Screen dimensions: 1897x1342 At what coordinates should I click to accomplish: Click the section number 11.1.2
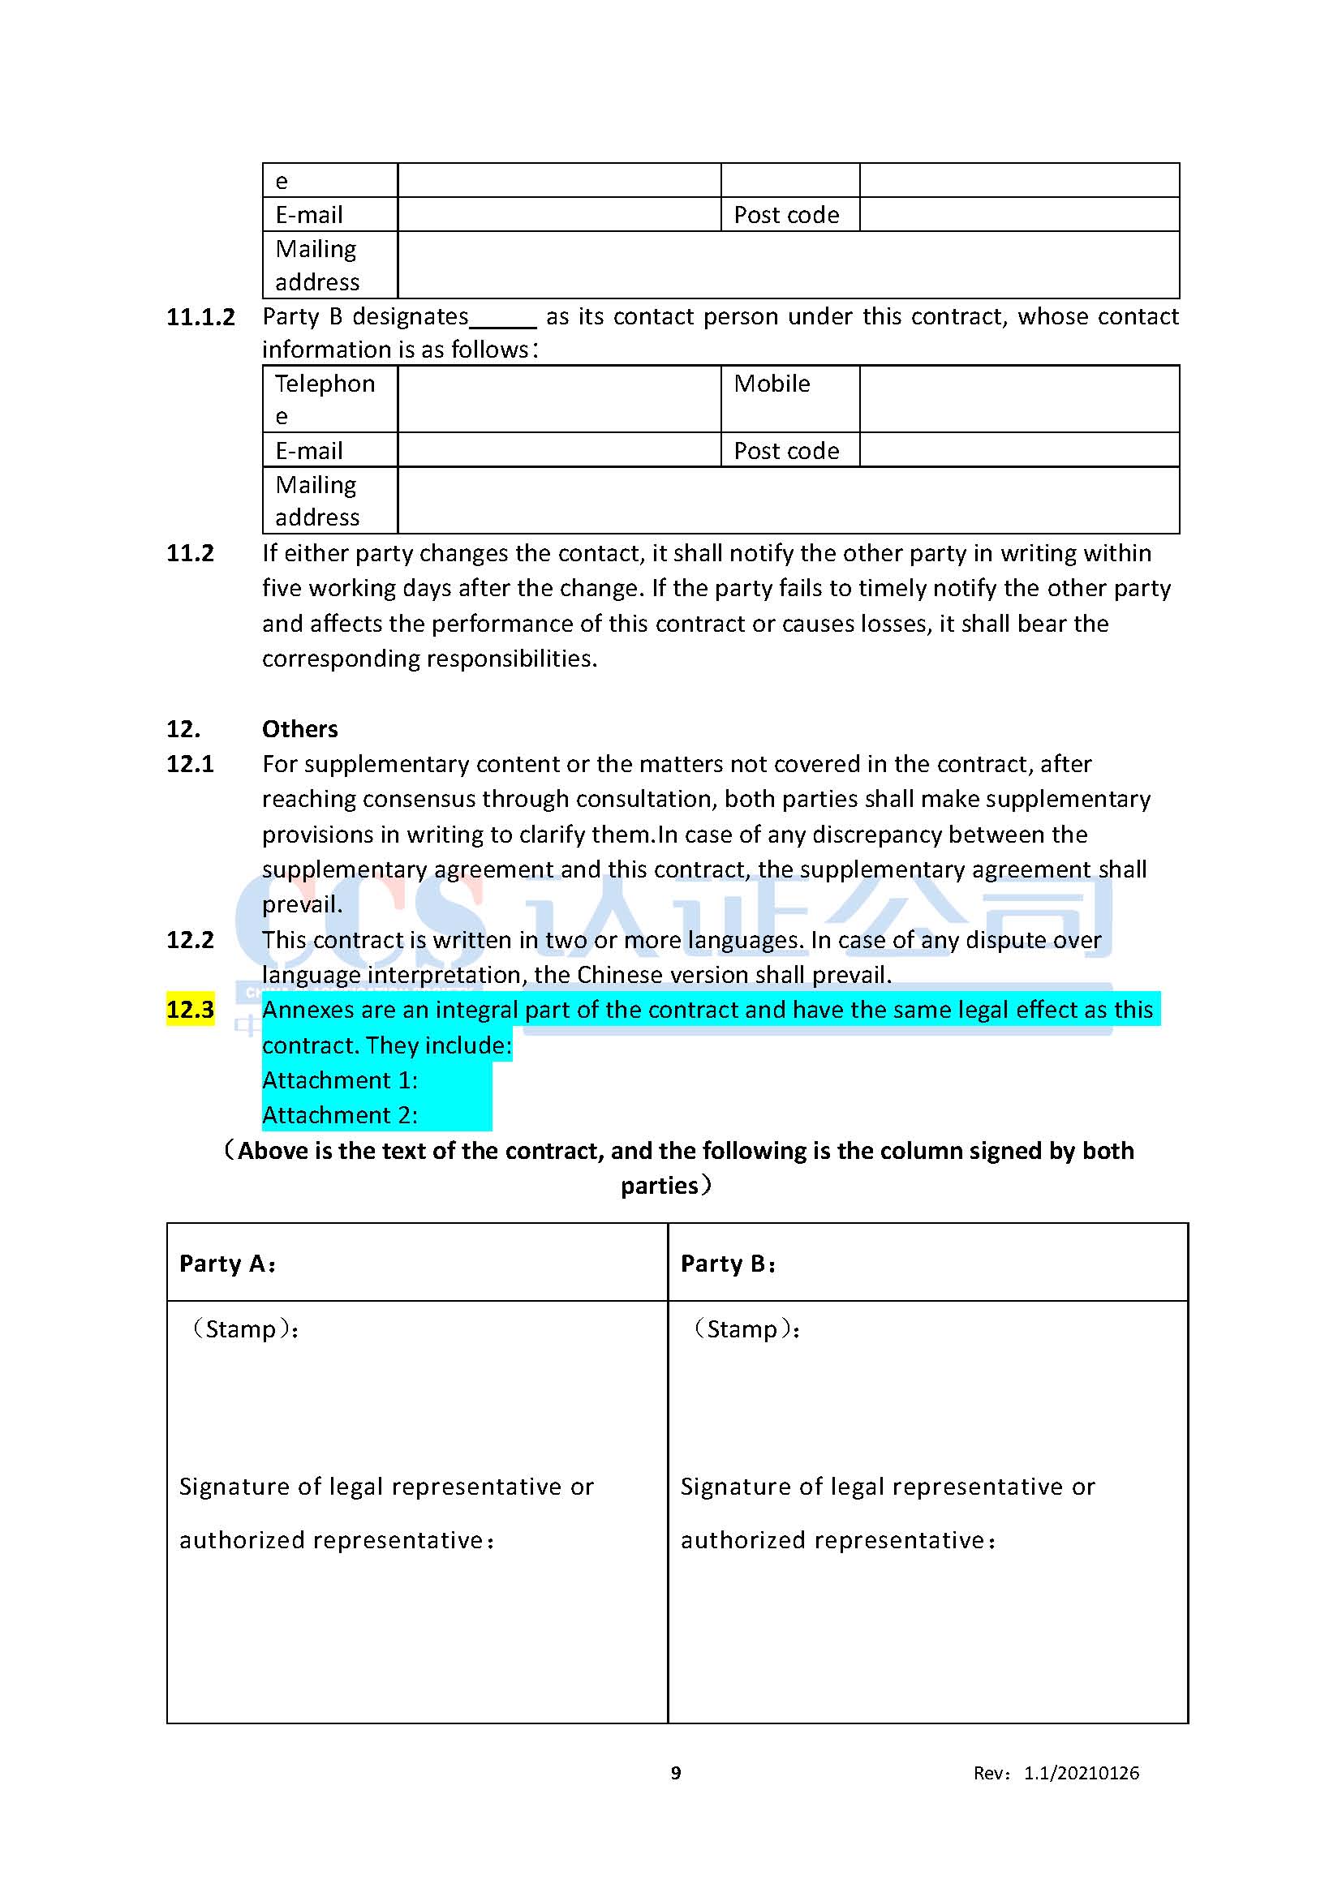click(200, 317)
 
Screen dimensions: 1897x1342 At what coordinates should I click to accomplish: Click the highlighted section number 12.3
click(190, 1010)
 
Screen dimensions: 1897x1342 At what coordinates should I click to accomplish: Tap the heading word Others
click(300, 729)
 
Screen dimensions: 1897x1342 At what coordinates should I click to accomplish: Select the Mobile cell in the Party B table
click(772, 384)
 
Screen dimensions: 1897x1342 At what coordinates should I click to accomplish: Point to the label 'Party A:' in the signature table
click(227, 1264)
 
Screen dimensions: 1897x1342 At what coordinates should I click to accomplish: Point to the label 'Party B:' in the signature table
click(728, 1264)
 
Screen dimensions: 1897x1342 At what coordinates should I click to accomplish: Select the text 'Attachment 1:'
click(340, 1079)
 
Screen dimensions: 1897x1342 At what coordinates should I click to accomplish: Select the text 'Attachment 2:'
click(340, 1115)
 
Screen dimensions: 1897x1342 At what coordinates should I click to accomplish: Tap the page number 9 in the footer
click(676, 1773)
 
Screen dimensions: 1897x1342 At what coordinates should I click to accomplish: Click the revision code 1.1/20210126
click(1081, 1773)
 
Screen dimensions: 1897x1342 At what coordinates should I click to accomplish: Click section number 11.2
click(190, 553)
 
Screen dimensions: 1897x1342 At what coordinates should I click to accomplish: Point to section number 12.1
click(190, 764)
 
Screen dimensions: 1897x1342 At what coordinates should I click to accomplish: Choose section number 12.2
click(190, 940)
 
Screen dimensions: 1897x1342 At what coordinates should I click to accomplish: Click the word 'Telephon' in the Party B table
click(325, 384)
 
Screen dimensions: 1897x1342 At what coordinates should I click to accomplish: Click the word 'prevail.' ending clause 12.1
click(302, 905)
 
